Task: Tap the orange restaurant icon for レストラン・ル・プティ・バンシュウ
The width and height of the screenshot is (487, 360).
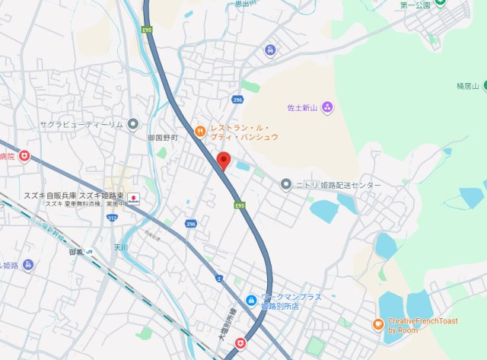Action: pyautogui.click(x=200, y=130)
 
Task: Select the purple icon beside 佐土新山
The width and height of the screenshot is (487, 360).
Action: pyautogui.click(x=327, y=107)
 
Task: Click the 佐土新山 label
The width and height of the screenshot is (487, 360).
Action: pyautogui.click(x=302, y=107)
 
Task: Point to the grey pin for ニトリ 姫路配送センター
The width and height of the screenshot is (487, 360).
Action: pyautogui.click(x=286, y=184)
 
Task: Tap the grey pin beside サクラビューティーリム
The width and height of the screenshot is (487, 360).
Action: pyautogui.click(x=133, y=123)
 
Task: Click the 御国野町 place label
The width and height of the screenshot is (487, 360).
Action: pyautogui.click(x=162, y=138)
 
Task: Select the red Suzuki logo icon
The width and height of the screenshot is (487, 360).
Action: pyautogui.click(x=132, y=199)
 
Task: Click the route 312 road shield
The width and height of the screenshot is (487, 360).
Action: pyautogui.click(x=113, y=218)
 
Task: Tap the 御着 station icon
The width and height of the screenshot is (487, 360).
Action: pyautogui.click(x=89, y=252)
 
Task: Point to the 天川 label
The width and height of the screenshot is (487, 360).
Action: pyautogui.click(x=120, y=248)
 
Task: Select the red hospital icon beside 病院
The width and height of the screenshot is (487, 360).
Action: pyautogui.click(x=24, y=156)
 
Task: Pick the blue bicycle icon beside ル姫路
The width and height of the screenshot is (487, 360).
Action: pyautogui.click(x=28, y=265)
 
